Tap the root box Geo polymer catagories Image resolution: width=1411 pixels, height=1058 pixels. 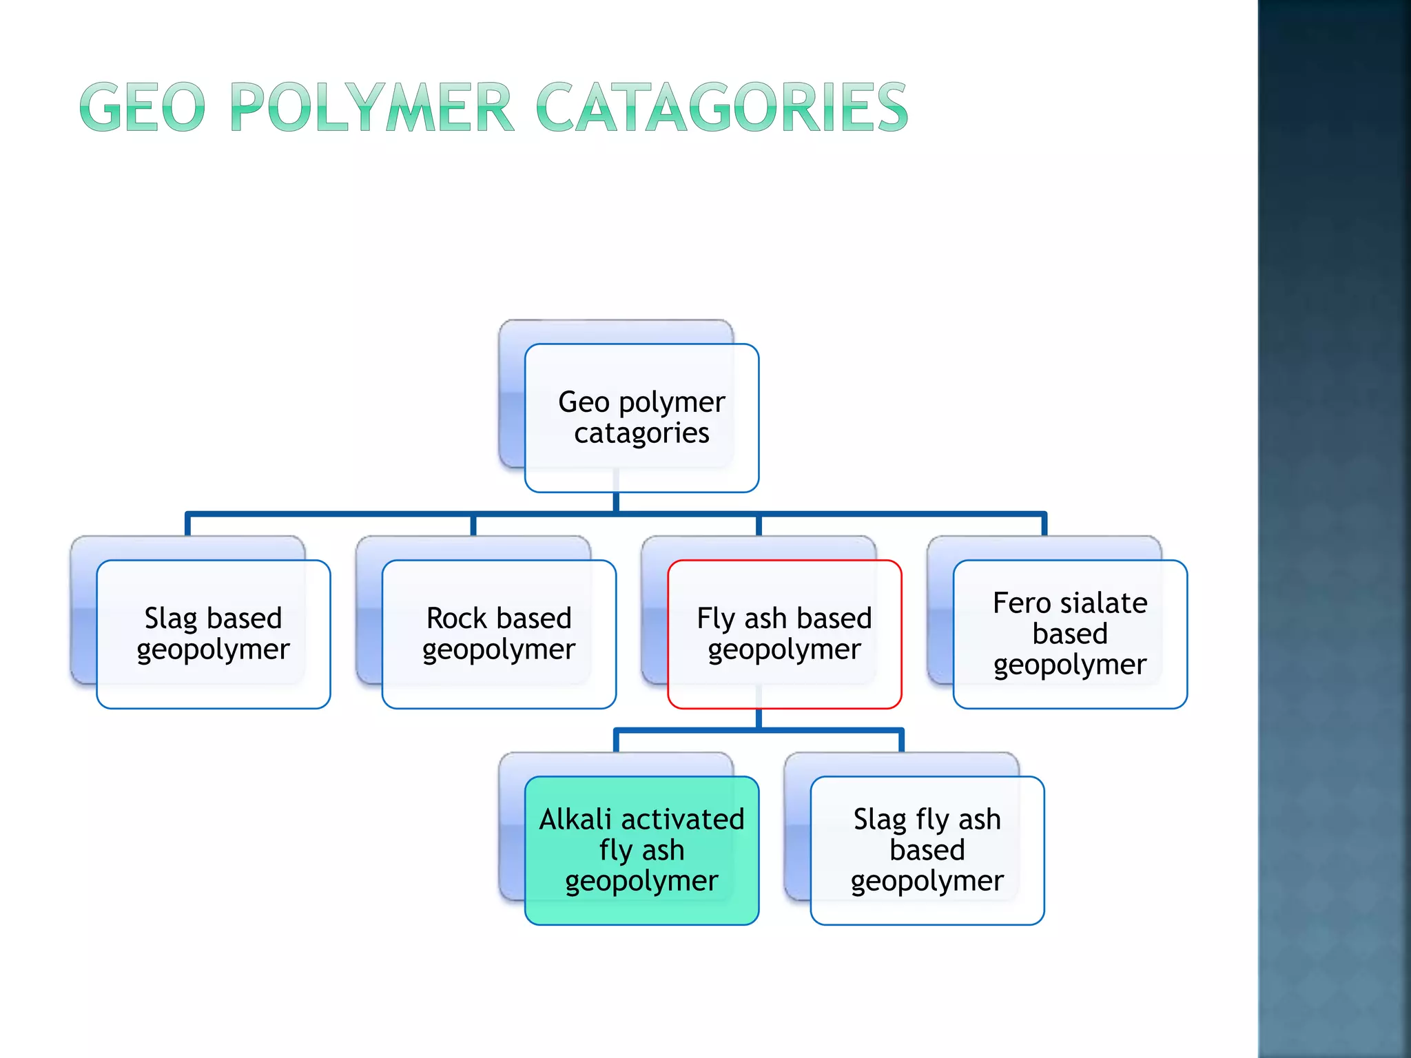[641, 417]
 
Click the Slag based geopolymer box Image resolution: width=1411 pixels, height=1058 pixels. [213, 634]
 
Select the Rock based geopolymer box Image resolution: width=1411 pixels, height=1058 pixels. [498, 634]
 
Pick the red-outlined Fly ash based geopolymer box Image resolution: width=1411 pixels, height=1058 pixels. [784, 634]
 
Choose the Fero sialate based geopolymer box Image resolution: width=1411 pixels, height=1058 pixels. [1069, 634]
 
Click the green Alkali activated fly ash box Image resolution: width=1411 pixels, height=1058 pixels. [641, 850]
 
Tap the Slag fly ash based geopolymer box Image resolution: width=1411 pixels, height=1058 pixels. [927, 850]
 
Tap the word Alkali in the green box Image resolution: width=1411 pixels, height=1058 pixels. [575, 819]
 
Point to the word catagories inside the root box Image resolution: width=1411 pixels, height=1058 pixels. [641, 433]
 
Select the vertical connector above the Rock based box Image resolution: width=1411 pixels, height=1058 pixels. [473, 525]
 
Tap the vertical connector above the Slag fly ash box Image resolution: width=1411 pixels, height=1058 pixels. [901, 740]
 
